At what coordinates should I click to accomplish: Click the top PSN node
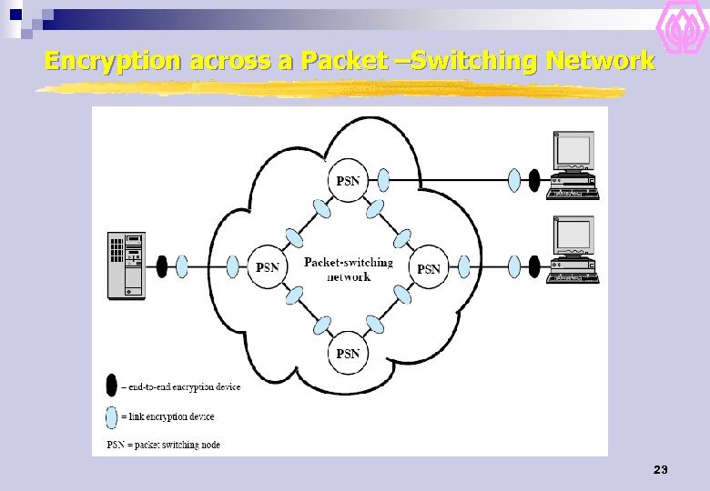pyautogui.click(x=348, y=180)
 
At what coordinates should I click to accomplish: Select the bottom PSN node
pyautogui.click(x=348, y=353)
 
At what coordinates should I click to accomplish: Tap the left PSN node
pyautogui.click(x=268, y=267)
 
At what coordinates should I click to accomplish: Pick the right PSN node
pyautogui.click(x=428, y=268)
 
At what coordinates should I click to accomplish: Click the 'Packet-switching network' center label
pyautogui.click(x=349, y=269)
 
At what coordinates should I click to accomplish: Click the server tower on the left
pyautogui.click(x=126, y=265)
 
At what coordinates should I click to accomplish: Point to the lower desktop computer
pyautogui.click(x=573, y=249)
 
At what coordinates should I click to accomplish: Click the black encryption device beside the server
pyautogui.click(x=162, y=266)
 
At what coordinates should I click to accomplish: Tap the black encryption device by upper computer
pyautogui.click(x=534, y=180)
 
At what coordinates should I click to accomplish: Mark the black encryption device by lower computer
pyautogui.click(x=534, y=266)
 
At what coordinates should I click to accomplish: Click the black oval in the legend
pyautogui.click(x=111, y=386)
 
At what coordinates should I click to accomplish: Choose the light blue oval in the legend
pyautogui.click(x=111, y=416)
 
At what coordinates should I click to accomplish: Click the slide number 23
pyautogui.click(x=661, y=470)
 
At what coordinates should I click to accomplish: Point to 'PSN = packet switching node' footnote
pyautogui.click(x=164, y=445)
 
